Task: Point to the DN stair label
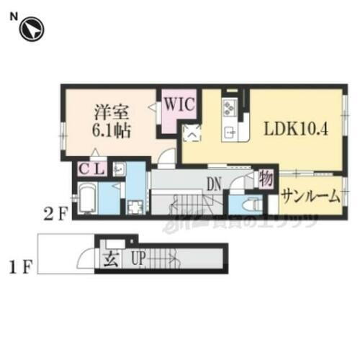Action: click(214, 184)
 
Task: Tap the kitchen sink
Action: click(231, 131)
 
